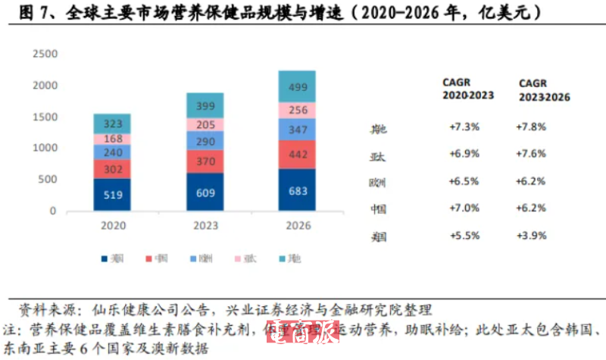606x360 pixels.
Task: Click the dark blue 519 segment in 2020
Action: point(112,195)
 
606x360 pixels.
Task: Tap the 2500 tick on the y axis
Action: point(46,55)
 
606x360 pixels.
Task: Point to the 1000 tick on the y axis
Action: point(46,148)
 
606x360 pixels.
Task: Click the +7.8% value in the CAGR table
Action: point(532,127)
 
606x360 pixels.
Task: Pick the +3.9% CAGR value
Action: point(532,236)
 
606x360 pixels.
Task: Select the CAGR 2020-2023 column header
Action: point(468,89)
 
